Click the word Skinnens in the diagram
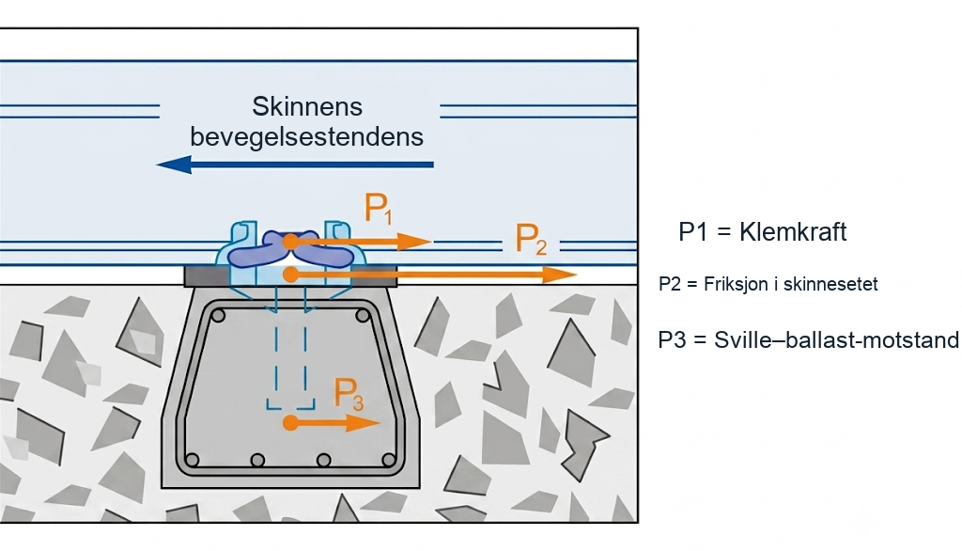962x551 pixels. point(307,107)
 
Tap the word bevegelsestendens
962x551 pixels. point(307,137)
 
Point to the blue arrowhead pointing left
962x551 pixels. point(174,165)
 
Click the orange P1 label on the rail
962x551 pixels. point(378,208)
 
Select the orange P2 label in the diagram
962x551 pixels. point(531,239)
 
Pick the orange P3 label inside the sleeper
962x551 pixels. point(349,394)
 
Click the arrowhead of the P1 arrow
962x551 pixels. point(414,242)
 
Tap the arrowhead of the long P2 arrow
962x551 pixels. point(560,275)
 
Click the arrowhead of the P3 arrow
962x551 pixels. point(364,422)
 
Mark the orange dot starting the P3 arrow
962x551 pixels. point(291,422)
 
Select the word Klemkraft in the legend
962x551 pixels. point(793,232)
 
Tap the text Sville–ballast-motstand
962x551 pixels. point(836,339)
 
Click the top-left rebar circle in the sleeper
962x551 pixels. point(218,316)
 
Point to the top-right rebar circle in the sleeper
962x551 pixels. point(363,316)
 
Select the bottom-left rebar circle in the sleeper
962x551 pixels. point(192,460)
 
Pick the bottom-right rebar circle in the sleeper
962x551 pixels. point(388,460)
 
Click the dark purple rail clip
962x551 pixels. point(291,249)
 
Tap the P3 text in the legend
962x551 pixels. point(672,339)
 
